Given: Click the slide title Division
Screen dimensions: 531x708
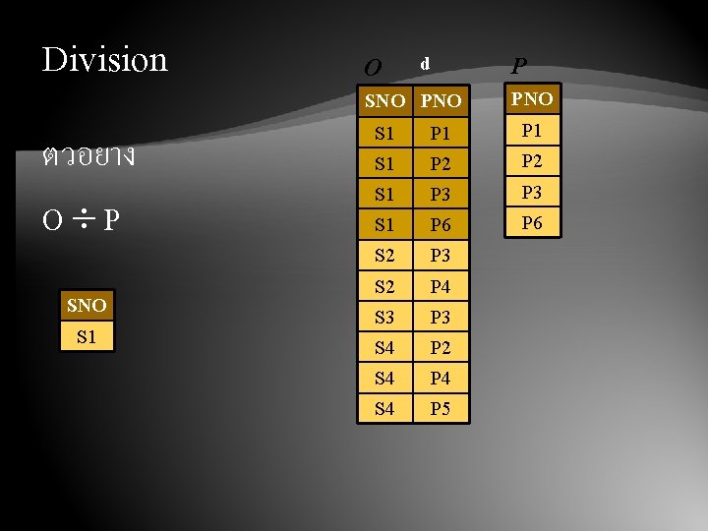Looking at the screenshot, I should (105, 60).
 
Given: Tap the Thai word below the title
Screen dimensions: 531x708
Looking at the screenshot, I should (88, 156).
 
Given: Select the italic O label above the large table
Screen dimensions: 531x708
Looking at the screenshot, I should (372, 68).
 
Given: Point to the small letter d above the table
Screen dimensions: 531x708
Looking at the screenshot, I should (425, 63).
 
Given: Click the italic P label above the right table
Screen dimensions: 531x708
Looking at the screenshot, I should (518, 66).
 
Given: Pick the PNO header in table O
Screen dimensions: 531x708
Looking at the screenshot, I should (441, 101).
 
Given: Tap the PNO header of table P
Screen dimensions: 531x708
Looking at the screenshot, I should (532, 99).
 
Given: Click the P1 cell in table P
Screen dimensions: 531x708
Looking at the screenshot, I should (532, 130).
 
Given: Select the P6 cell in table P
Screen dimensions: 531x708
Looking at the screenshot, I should (532, 223).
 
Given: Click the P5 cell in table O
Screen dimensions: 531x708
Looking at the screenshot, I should (441, 408).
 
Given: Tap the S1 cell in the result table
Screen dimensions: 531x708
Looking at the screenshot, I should (87, 336).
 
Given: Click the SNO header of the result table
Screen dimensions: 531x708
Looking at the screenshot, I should (87, 306).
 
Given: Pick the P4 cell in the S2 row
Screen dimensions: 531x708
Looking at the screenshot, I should (441, 286).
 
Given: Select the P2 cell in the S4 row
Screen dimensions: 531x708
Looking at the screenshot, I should (441, 347).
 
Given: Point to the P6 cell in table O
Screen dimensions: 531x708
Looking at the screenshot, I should (441, 225).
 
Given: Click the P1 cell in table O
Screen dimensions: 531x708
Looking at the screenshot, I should (441, 133).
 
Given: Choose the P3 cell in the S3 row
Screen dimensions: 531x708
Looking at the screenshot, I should (441, 317).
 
